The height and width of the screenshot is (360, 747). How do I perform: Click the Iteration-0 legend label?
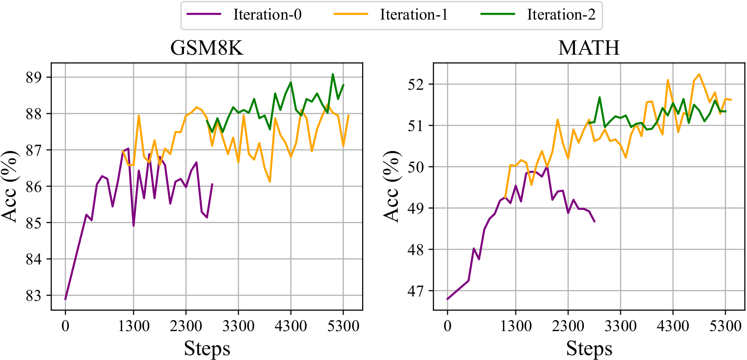click(x=268, y=15)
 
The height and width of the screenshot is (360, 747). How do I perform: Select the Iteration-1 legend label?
click(x=414, y=15)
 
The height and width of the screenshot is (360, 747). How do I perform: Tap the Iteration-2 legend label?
click(x=561, y=15)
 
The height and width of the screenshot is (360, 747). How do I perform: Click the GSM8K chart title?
click(x=207, y=48)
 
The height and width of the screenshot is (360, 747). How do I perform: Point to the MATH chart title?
click(x=589, y=48)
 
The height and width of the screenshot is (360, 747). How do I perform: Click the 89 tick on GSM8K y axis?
click(x=34, y=77)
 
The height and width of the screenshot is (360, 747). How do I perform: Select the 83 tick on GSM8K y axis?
click(x=34, y=296)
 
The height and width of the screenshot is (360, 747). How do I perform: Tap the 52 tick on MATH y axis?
click(x=416, y=84)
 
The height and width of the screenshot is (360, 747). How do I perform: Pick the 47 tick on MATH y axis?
click(x=416, y=291)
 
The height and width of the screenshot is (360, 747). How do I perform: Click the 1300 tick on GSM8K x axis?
click(x=134, y=326)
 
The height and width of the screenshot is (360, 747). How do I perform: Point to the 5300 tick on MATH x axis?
click(x=725, y=326)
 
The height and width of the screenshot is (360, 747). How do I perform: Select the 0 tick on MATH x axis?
click(x=447, y=326)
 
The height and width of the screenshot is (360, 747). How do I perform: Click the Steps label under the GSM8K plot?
click(x=207, y=349)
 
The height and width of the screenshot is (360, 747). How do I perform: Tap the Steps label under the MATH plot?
click(x=589, y=349)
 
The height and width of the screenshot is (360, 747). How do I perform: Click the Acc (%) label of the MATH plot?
click(x=391, y=186)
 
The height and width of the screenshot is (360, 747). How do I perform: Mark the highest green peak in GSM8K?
click(x=333, y=74)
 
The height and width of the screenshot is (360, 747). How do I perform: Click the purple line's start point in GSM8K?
click(x=65, y=299)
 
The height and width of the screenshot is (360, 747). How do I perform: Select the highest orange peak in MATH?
click(x=699, y=74)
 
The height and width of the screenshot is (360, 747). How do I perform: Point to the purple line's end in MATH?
click(x=595, y=221)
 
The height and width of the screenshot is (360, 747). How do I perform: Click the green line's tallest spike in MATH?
click(x=599, y=97)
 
